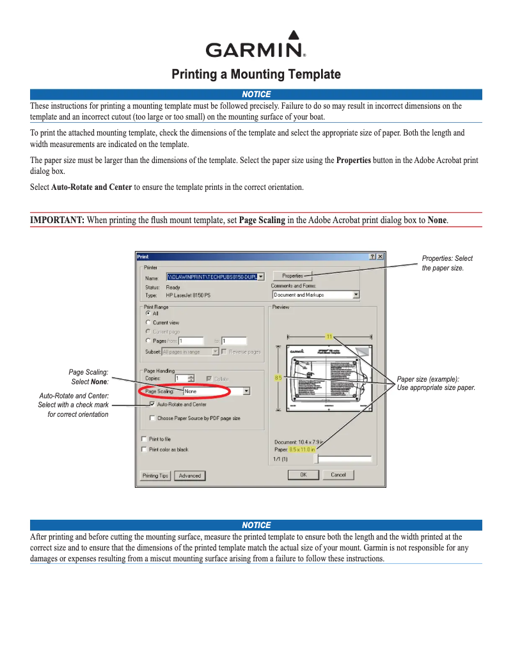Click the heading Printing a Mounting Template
tap(256, 74)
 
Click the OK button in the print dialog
tap(304, 474)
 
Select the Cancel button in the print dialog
tap(338, 474)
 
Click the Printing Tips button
tap(155, 476)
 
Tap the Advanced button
tap(190, 476)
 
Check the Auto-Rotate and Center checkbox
tap(152, 404)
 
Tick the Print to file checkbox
tap(144, 439)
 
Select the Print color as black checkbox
tap(144, 449)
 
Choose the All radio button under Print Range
tap(148, 313)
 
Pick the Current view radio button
tap(148, 323)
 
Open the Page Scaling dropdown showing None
tap(246, 391)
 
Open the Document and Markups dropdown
tap(356, 295)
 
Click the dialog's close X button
tap(380, 256)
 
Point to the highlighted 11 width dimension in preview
tap(329, 336)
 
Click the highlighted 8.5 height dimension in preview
tap(278, 378)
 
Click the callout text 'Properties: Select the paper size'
tap(447, 263)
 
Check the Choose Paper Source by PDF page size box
tap(152, 418)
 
